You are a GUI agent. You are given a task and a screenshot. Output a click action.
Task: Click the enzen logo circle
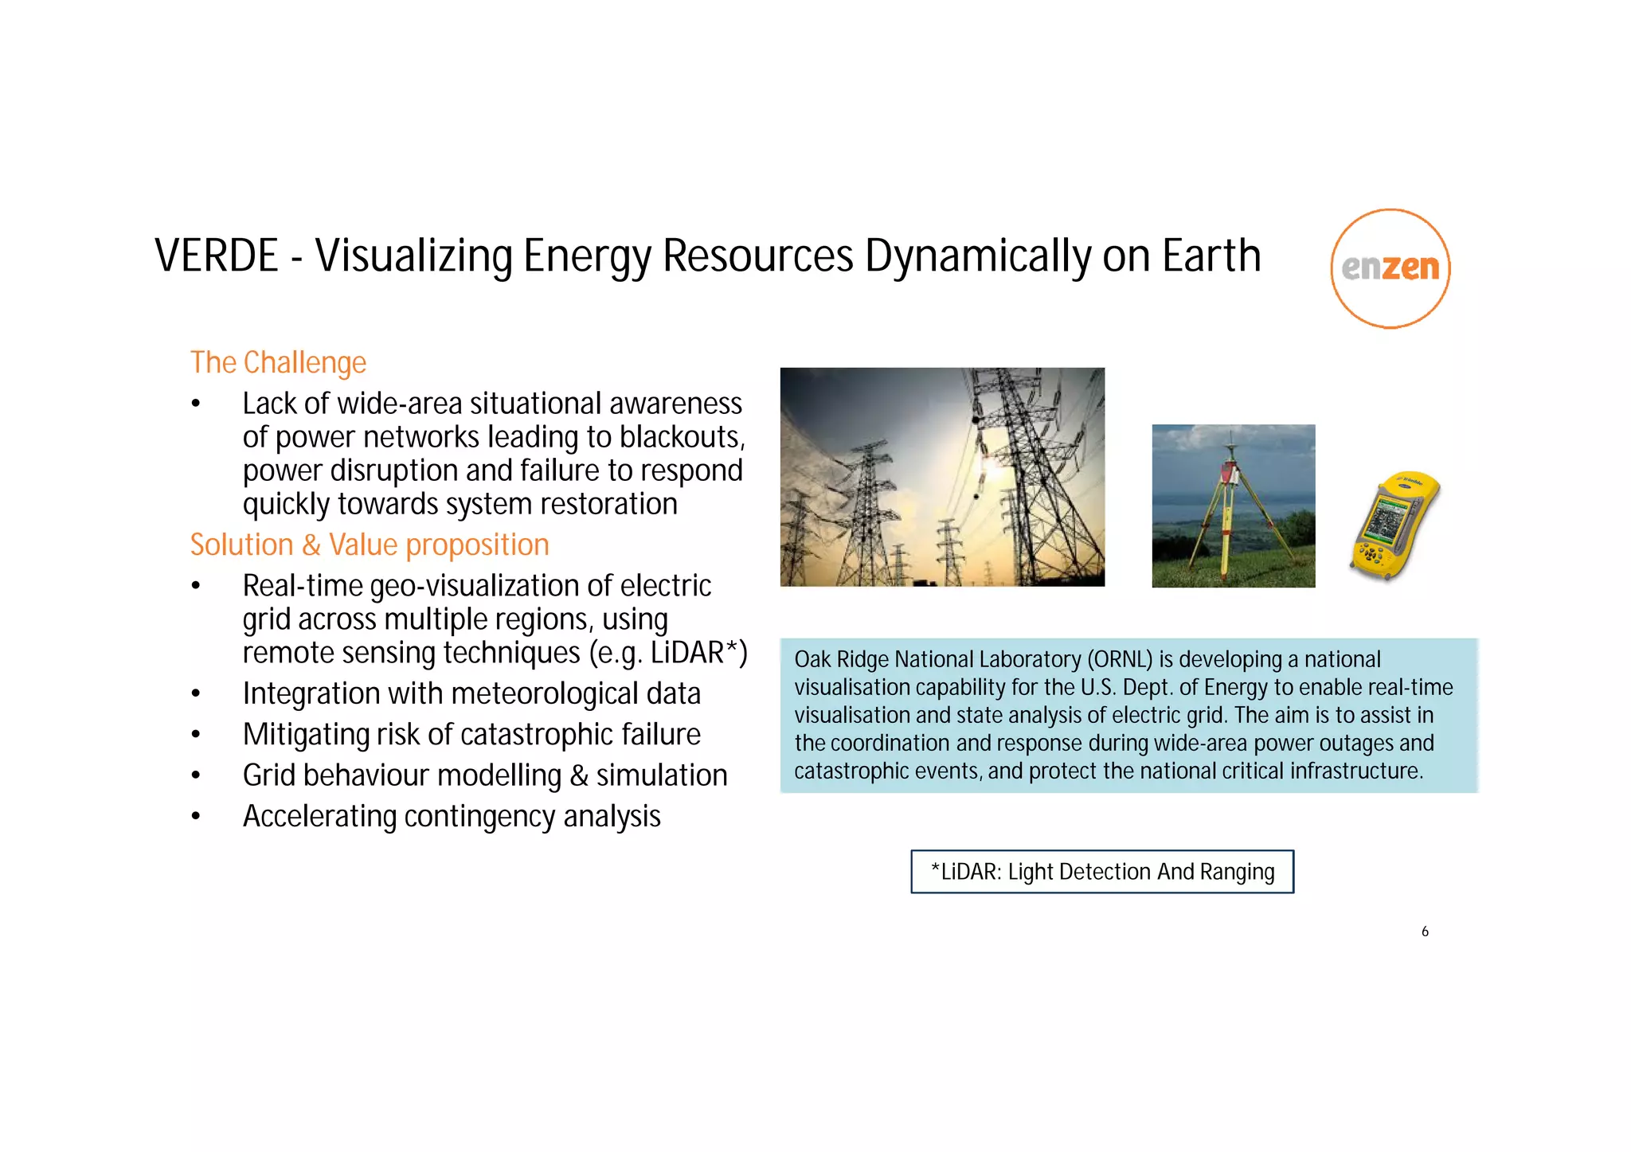click(x=1390, y=268)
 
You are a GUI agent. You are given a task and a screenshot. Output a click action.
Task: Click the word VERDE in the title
click(x=216, y=256)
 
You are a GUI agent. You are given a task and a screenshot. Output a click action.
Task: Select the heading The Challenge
click(x=278, y=363)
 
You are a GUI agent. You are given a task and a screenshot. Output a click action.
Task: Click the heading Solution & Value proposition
click(x=370, y=545)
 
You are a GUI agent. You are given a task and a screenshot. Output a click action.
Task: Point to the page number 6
click(x=1425, y=931)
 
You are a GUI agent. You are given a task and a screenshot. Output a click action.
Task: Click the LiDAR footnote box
click(x=1102, y=872)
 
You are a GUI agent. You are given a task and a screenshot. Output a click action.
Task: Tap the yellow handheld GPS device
click(x=1394, y=525)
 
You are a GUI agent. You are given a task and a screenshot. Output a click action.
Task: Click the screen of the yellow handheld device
click(x=1385, y=521)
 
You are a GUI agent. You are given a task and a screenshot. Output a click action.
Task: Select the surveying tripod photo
click(x=1233, y=506)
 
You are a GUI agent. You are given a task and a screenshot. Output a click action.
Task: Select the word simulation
click(x=661, y=775)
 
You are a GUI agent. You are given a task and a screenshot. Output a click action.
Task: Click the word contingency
click(x=480, y=817)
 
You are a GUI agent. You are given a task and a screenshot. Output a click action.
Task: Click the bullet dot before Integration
click(x=196, y=694)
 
